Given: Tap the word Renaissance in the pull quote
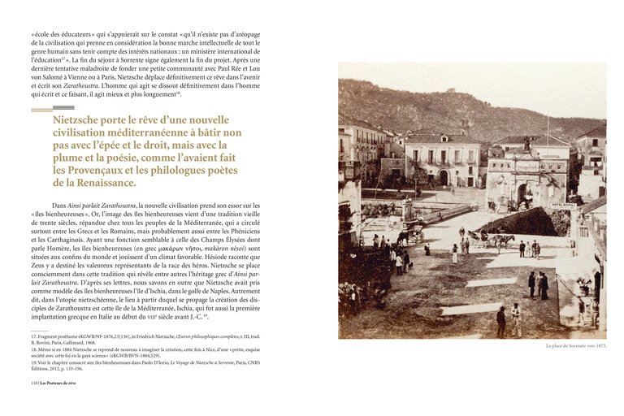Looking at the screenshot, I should click(x=119, y=183).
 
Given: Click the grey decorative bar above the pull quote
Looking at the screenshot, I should click(x=63, y=107).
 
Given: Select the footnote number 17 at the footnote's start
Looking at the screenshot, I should click(x=33, y=336).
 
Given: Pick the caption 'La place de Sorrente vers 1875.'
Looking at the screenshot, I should click(x=577, y=346).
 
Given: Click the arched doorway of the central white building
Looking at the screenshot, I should click(x=444, y=177).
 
